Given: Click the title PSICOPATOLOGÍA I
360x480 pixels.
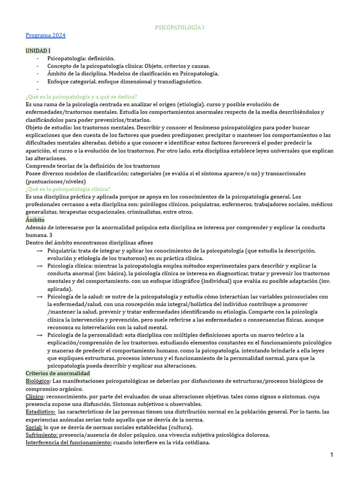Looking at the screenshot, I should coord(180,28).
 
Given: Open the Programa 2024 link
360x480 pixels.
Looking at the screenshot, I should coord(45,35).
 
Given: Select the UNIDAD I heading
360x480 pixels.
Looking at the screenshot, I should coord(38,50).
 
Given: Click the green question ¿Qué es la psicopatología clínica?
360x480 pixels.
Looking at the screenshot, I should coord(68,189).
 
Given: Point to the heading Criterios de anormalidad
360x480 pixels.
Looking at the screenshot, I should coord(58,373).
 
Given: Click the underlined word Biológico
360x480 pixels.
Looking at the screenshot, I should coord(38,381).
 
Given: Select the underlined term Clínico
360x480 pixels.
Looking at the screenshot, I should coord(35,396).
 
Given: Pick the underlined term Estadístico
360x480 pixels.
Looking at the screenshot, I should coord(40,412).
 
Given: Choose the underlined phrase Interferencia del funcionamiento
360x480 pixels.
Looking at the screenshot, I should coord(68,442).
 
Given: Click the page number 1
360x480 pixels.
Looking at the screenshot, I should coord(332,455).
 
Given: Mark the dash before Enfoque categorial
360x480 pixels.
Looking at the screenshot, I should coord(37,81).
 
